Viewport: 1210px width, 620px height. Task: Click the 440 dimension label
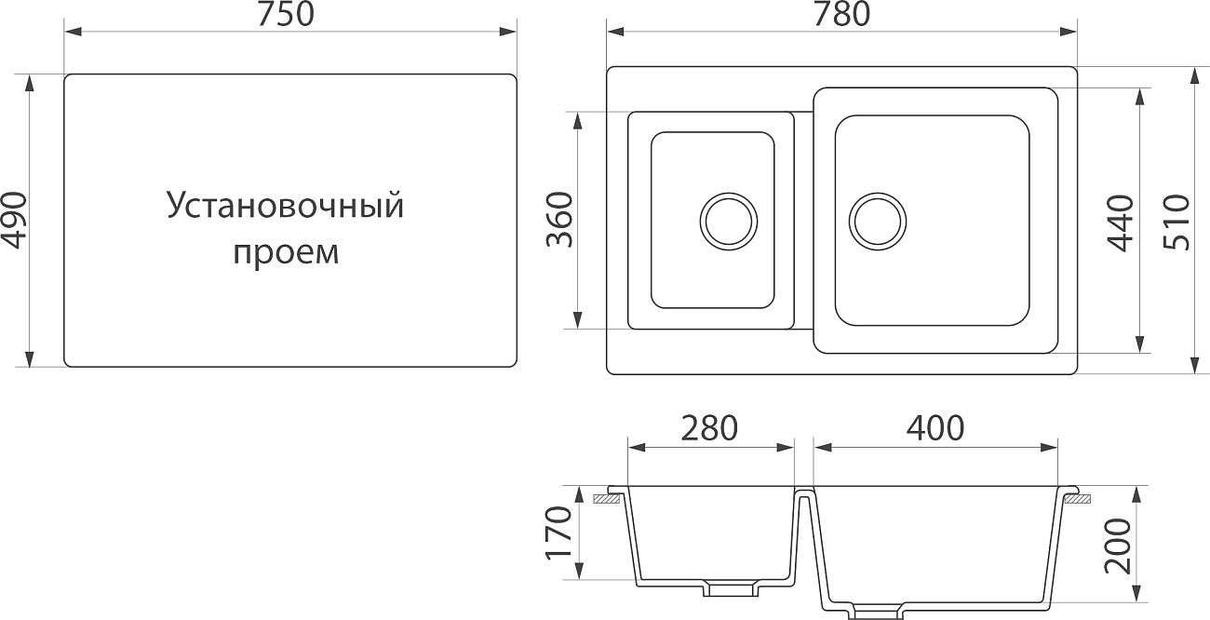[1121, 222]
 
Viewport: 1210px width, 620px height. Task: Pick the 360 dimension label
[558, 221]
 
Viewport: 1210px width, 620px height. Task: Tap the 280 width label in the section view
[709, 427]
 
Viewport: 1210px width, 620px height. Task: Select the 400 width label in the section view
[935, 427]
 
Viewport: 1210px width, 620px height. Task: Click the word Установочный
[285, 206]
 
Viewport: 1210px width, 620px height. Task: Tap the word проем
[285, 251]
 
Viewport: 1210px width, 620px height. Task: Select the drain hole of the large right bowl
[876, 222]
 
